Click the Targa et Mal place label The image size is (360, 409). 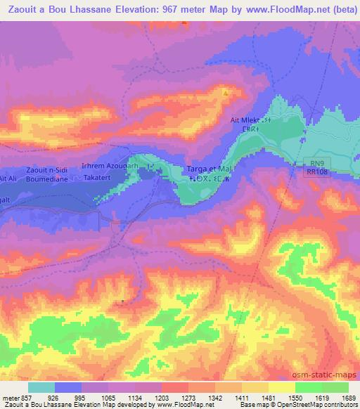210,169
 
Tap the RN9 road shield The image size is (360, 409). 317,162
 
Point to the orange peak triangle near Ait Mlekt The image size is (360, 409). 226,92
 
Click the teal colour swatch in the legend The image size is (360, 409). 41,387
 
